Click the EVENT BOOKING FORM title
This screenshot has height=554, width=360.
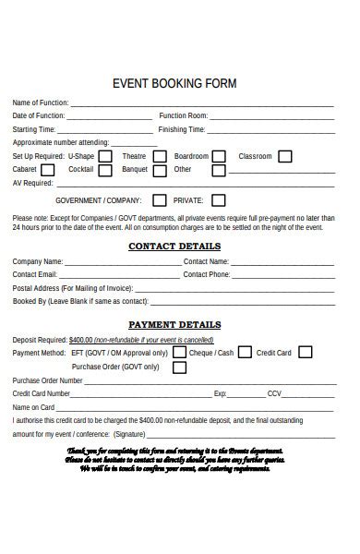174,83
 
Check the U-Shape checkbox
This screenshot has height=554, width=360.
105,157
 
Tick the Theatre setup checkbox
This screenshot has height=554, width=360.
161,157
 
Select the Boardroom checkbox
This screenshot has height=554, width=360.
220,157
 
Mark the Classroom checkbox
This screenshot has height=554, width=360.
285,157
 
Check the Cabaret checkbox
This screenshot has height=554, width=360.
48,170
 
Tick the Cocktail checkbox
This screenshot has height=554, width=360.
105,170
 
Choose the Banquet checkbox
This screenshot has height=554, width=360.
161,170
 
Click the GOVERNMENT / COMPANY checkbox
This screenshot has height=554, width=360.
160,200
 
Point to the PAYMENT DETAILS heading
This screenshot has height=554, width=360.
174,325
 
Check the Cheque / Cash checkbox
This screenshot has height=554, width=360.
245,352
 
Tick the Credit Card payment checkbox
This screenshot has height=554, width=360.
305,352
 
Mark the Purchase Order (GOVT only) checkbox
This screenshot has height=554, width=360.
179,367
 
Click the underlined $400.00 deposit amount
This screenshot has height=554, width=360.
81,339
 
